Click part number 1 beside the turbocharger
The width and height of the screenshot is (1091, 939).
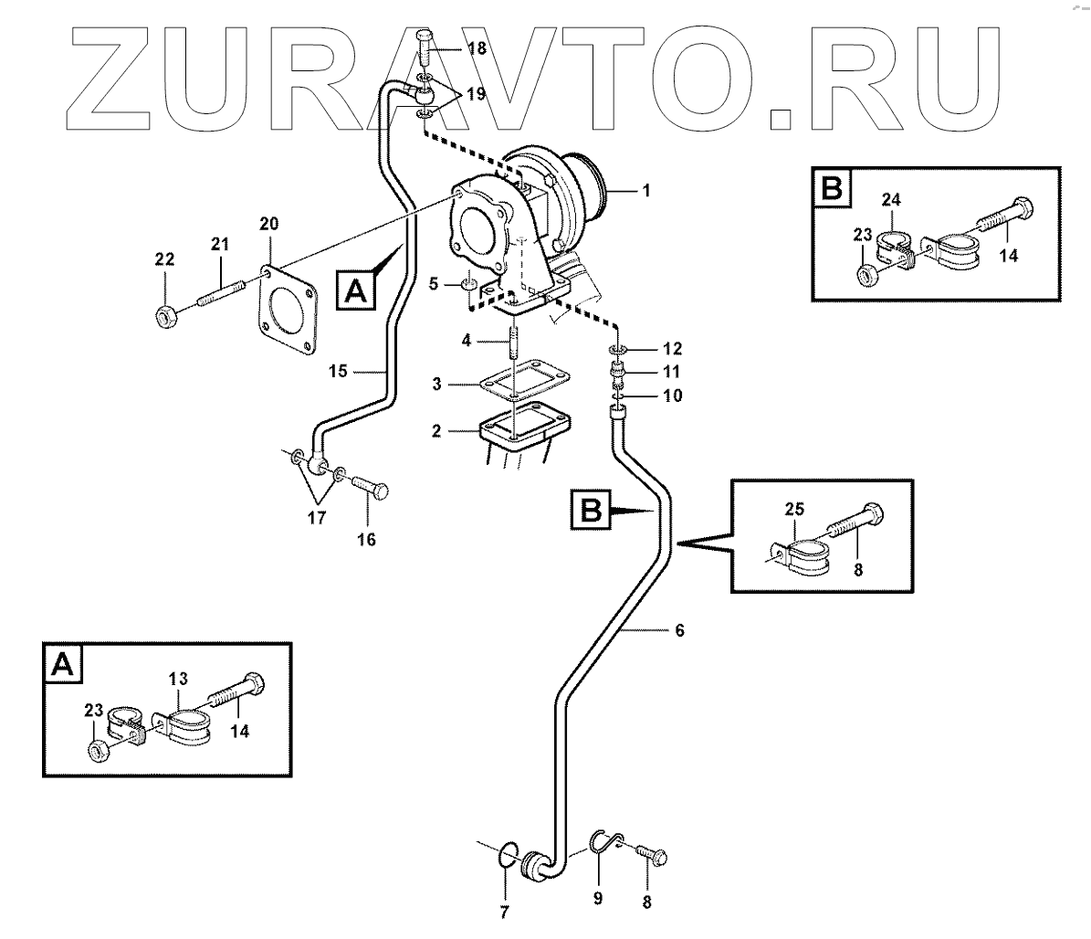click(645, 191)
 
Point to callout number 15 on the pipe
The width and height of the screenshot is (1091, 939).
click(337, 371)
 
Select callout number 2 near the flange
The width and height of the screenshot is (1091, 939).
click(437, 429)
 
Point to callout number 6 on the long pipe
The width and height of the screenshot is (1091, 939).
click(678, 630)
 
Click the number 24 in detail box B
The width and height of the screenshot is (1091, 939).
click(892, 198)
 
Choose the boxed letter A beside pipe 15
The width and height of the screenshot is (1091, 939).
click(356, 290)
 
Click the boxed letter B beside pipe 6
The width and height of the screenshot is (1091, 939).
click(593, 509)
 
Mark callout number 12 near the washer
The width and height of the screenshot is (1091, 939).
click(673, 348)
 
